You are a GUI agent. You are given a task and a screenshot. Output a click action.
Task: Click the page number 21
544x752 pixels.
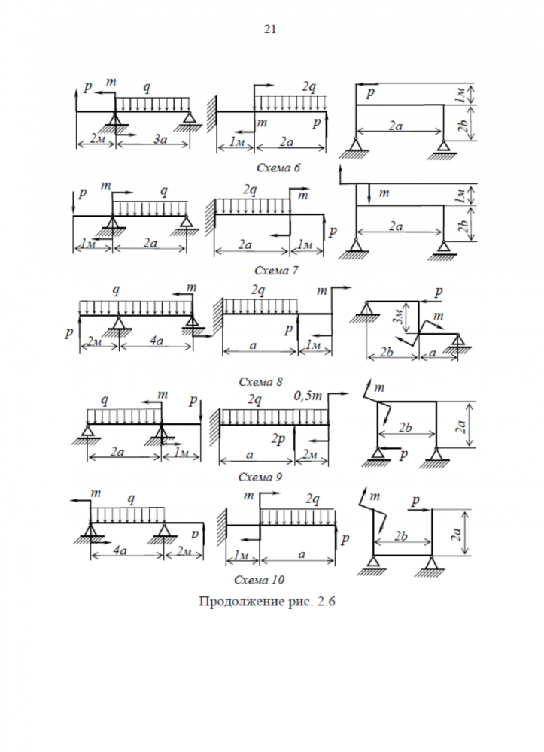270,29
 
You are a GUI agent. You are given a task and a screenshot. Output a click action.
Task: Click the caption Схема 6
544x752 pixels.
278,168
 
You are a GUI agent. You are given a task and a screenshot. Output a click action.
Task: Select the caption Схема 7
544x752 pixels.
276,271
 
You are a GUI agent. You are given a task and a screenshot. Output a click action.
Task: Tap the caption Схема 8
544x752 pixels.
260,382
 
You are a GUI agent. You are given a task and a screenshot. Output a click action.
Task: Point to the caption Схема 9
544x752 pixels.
260,478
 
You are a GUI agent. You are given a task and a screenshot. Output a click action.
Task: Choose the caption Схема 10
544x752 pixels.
259,580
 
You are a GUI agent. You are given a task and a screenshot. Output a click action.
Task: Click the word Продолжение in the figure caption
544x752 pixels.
242,602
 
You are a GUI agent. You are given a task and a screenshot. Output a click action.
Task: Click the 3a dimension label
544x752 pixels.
160,140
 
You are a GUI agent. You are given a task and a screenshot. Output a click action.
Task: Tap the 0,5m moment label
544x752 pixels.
308,396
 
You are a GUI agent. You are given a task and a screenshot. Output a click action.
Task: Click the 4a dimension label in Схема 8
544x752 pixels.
157,341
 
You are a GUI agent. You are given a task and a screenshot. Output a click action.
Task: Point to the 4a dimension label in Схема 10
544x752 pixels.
120,550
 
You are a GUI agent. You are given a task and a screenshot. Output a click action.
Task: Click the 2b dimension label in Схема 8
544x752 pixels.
387,353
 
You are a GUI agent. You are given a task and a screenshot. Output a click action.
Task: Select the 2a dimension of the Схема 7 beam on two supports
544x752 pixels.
150,243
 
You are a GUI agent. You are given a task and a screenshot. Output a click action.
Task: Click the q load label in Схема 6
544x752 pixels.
147,87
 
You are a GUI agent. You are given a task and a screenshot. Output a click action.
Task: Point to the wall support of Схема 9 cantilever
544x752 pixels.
215,428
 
